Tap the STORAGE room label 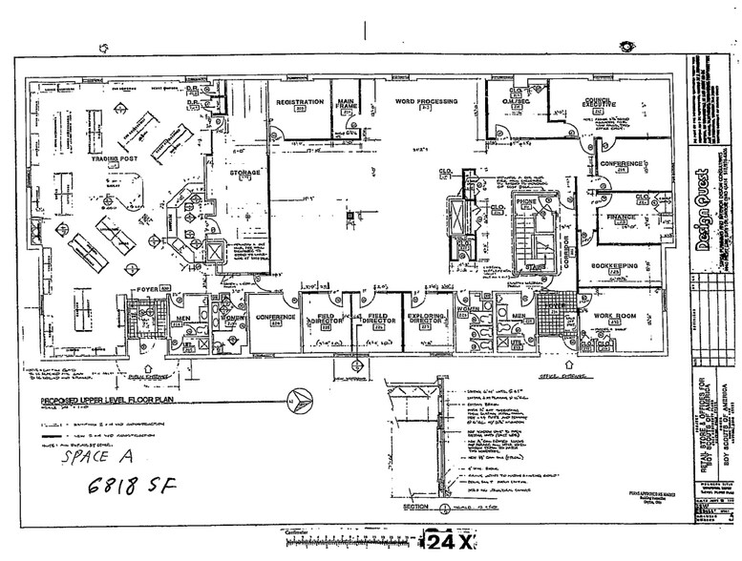click(x=245, y=173)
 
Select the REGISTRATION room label click(x=296, y=101)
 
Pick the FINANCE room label click(x=622, y=218)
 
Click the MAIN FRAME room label click(x=345, y=100)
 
